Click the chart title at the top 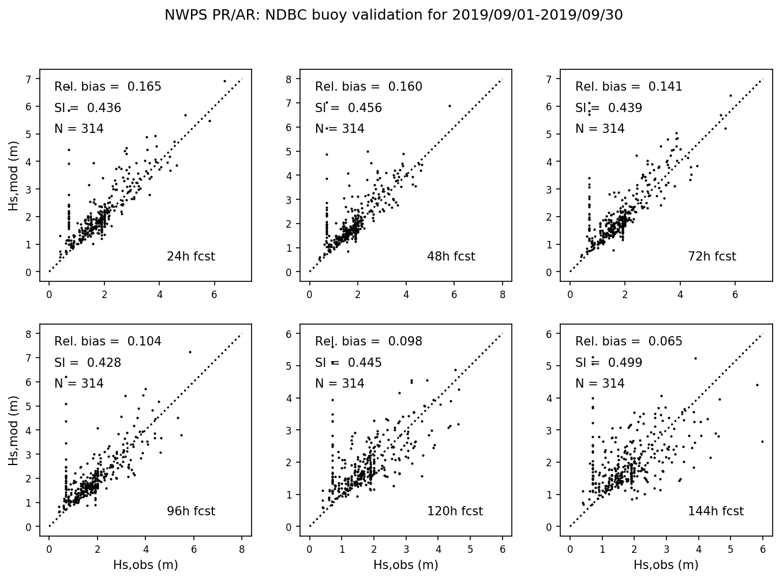click(x=394, y=15)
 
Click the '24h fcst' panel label click(x=190, y=256)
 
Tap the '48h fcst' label click(x=451, y=256)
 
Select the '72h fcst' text click(x=711, y=256)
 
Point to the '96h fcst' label click(x=190, y=511)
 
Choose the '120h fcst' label click(x=455, y=511)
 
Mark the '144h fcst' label click(x=715, y=511)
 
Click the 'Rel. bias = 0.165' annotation click(x=108, y=87)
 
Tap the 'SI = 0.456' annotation click(x=349, y=108)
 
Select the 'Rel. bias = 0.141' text click(x=628, y=87)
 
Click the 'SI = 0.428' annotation click(x=88, y=363)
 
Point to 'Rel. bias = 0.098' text click(x=368, y=341)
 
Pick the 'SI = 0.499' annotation click(x=609, y=363)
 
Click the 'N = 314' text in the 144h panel click(x=600, y=384)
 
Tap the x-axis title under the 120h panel click(x=406, y=565)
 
